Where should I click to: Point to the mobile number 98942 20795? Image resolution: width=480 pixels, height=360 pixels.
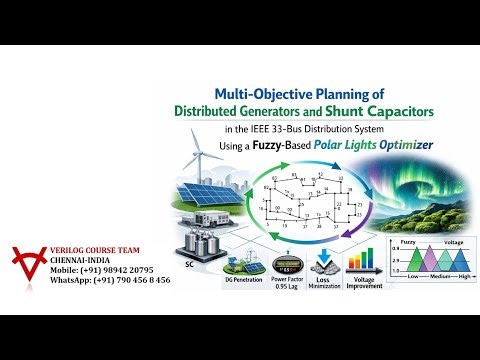(113, 270)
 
